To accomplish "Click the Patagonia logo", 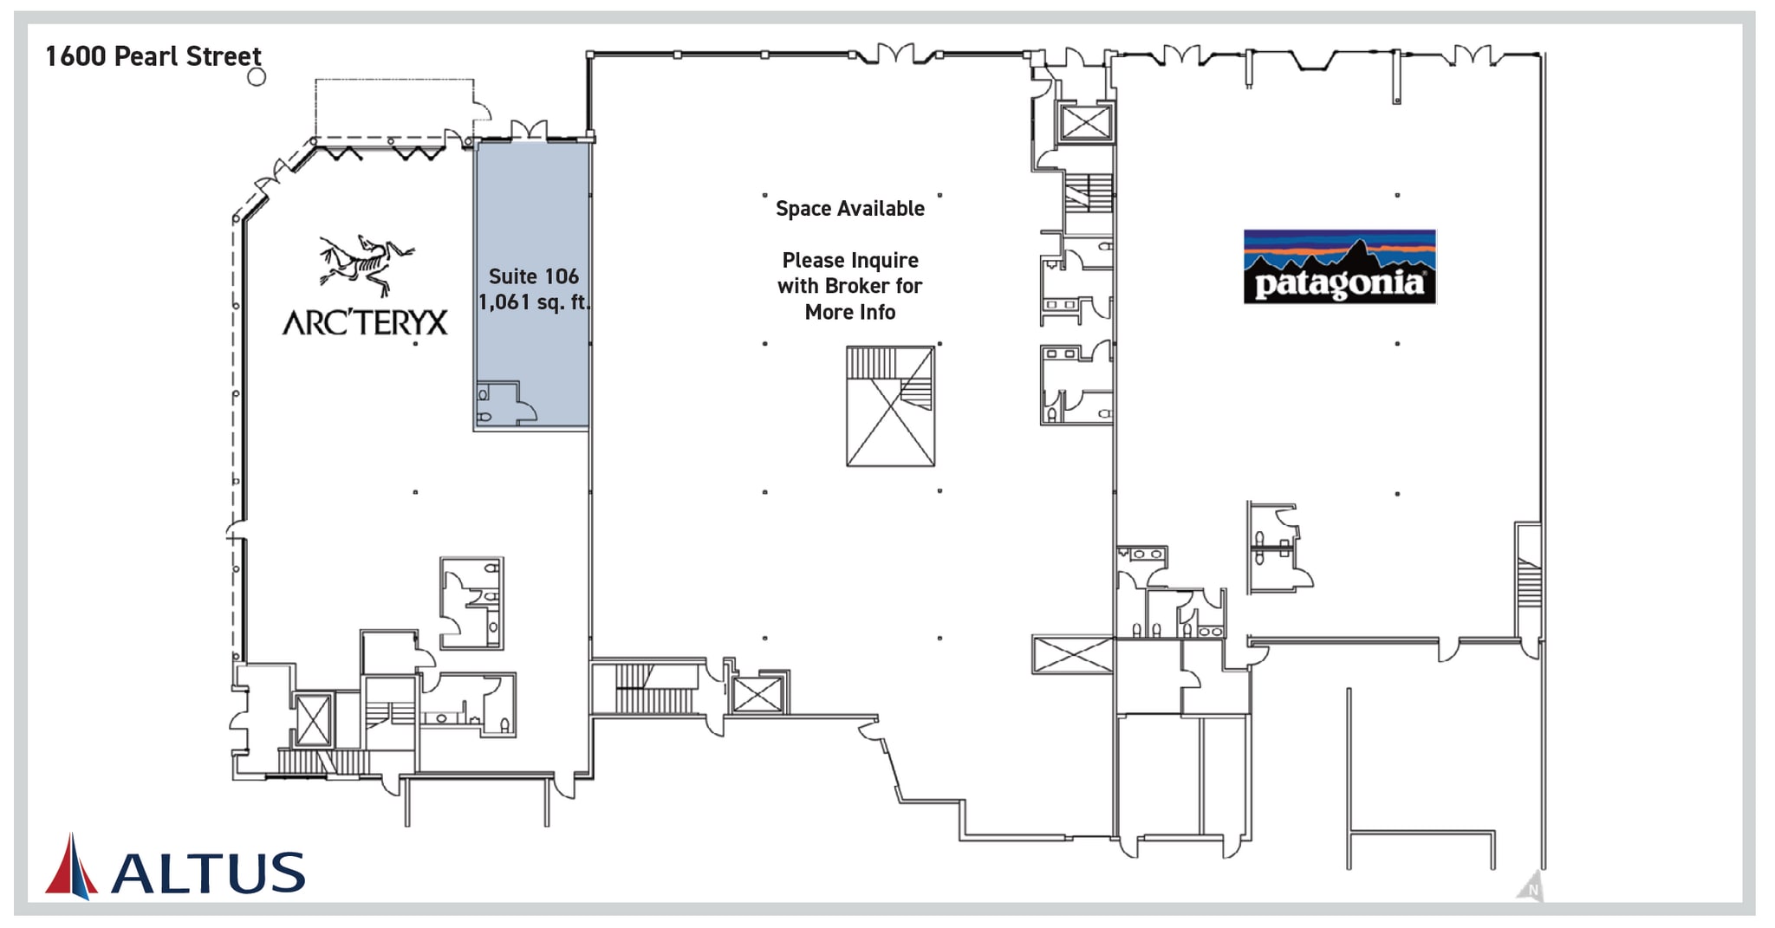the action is tap(1339, 267).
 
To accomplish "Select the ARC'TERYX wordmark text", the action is tap(365, 322).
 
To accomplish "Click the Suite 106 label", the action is tap(533, 276).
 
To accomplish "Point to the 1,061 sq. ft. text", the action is tap(534, 302).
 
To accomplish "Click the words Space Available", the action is tap(850, 209).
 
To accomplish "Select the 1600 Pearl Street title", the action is tap(153, 56).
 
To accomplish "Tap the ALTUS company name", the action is tap(208, 873).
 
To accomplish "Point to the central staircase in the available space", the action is tap(890, 406).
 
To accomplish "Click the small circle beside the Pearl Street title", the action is tap(257, 77).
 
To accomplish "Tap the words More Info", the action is tap(850, 313).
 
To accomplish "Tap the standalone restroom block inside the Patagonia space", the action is tap(1278, 548).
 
